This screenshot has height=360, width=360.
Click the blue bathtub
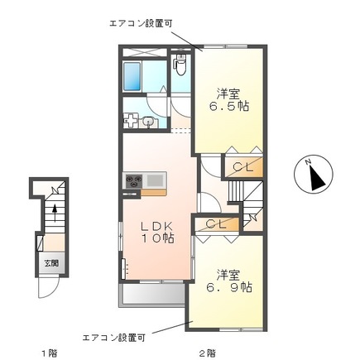coord(132,78)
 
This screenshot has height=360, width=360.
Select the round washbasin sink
coord(147,122)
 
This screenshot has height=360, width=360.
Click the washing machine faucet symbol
coord(131,121)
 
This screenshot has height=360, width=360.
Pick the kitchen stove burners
coord(133,179)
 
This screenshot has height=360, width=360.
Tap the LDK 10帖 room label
coord(156,232)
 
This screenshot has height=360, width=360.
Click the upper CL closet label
coord(242,168)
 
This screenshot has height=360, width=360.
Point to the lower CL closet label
coord(217,223)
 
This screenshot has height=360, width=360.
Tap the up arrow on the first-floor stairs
coord(55,214)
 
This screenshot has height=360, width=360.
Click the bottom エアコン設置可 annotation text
coord(113,337)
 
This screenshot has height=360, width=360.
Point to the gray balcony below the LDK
coord(153,295)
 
